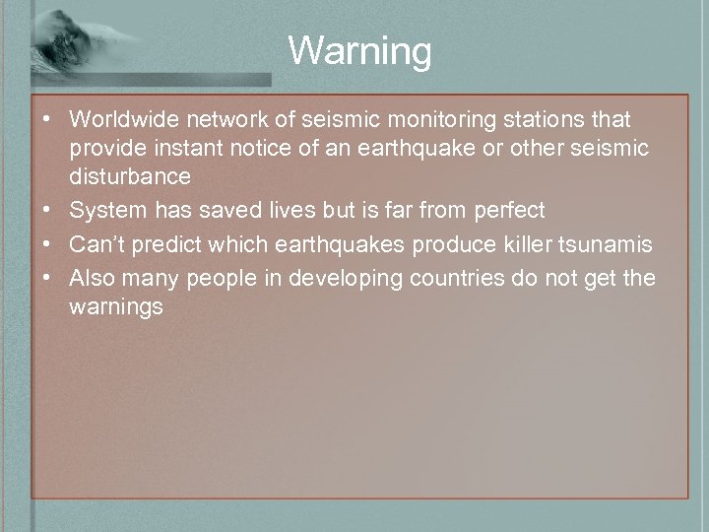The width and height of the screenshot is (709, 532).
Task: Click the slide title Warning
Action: click(359, 50)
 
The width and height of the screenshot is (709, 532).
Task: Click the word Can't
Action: click(97, 244)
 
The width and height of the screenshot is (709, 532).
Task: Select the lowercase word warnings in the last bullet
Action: click(116, 306)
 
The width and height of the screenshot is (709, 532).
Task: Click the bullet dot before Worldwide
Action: click(47, 120)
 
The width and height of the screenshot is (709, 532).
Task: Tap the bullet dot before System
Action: click(47, 211)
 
